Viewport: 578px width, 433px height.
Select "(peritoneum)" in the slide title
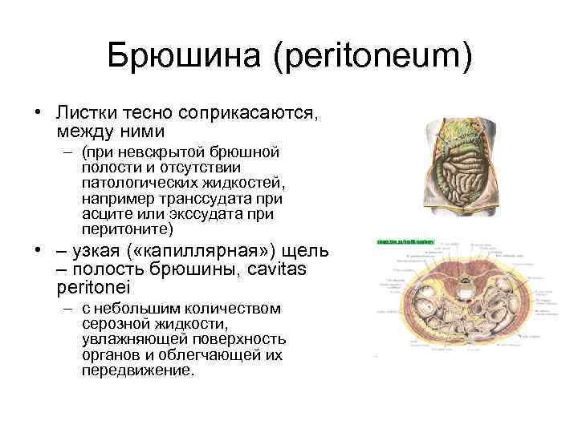[371, 57]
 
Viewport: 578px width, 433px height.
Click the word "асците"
[104, 214]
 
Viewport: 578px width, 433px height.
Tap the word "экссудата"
[210, 214]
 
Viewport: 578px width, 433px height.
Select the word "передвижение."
[137, 371]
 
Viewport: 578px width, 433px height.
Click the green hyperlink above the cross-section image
[405, 241]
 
